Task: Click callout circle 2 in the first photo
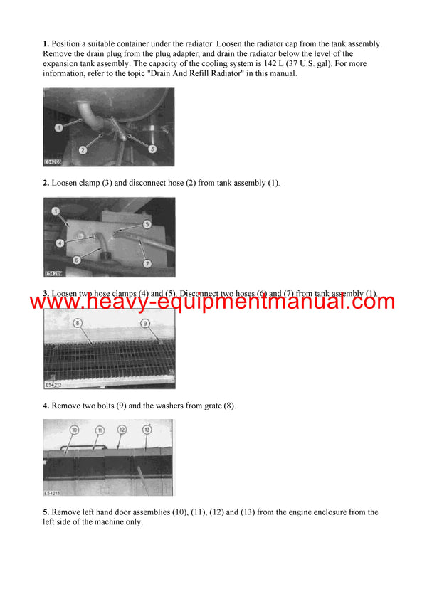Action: [83, 150]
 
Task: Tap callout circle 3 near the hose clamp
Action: [152, 149]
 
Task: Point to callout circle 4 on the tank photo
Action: [60, 243]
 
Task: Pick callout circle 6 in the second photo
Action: [76, 260]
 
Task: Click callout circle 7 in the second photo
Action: [147, 264]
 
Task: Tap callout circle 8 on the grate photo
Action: [79, 322]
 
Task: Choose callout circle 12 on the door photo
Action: [122, 430]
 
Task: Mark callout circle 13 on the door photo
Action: [147, 430]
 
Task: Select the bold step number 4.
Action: [46, 406]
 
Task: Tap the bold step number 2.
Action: [46, 183]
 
